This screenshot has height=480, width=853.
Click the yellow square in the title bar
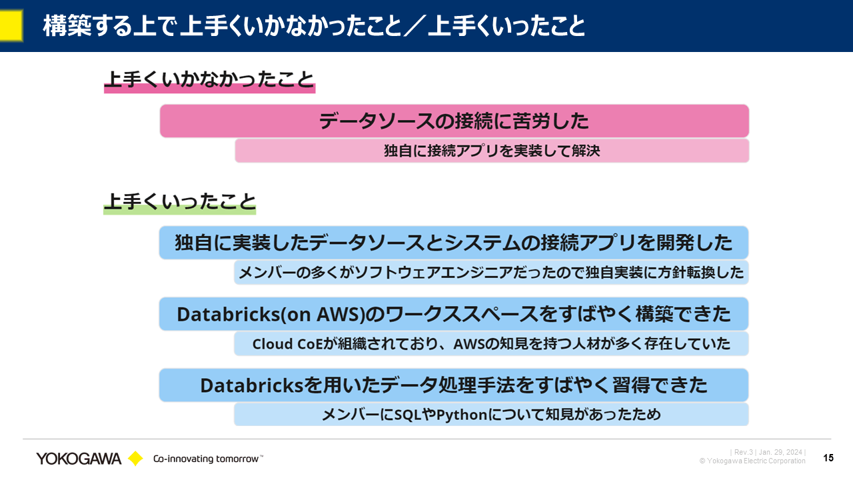(x=11, y=25)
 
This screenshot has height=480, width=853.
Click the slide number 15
(x=828, y=457)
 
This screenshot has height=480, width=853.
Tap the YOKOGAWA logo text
(x=79, y=459)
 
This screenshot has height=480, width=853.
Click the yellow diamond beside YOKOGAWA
(x=135, y=458)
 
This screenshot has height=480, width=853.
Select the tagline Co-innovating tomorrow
(x=208, y=459)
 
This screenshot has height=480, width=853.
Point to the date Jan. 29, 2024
(x=780, y=452)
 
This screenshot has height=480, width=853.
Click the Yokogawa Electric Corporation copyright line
(x=752, y=461)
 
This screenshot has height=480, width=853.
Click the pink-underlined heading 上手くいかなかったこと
(x=209, y=80)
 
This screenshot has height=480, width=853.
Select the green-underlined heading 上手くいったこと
(x=180, y=201)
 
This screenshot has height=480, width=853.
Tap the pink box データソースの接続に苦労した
(x=454, y=121)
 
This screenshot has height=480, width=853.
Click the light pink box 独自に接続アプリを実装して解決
(x=492, y=151)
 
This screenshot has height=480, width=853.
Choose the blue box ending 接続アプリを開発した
(x=454, y=243)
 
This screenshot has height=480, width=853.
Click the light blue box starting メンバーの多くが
(x=491, y=273)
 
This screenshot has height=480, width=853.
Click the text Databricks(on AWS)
(x=271, y=314)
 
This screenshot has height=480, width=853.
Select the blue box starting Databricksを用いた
(x=454, y=385)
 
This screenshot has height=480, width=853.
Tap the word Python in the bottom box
(x=462, y=415)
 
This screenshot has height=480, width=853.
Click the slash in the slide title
(x=415, y=26)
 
